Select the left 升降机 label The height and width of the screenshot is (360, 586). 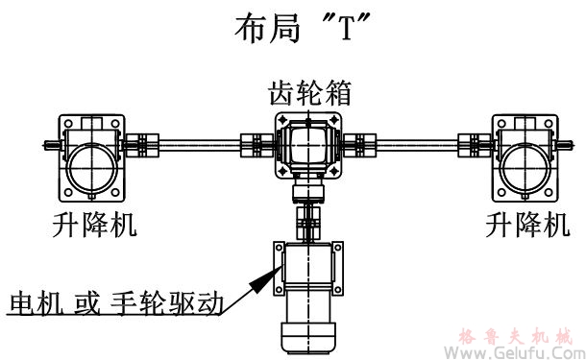pyautogui.click(x=94, y=226)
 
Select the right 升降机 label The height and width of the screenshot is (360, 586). pyautogui.click(x=527, y=226)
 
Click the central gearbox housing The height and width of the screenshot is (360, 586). pyautogui.click(x=308, y=146)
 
